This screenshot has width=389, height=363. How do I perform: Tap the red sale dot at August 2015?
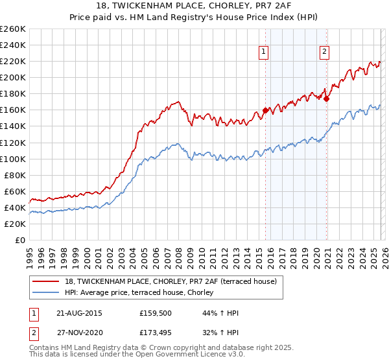point(265,110)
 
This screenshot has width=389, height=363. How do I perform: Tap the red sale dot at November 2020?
point(326,99)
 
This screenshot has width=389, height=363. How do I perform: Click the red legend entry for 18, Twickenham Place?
point(171,281)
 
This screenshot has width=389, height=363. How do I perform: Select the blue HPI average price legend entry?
point(143,293)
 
